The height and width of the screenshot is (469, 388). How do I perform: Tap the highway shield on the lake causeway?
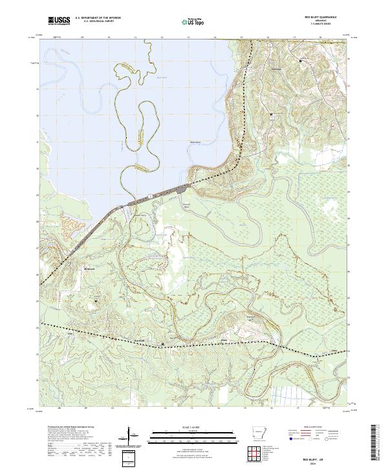coord(149,195)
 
